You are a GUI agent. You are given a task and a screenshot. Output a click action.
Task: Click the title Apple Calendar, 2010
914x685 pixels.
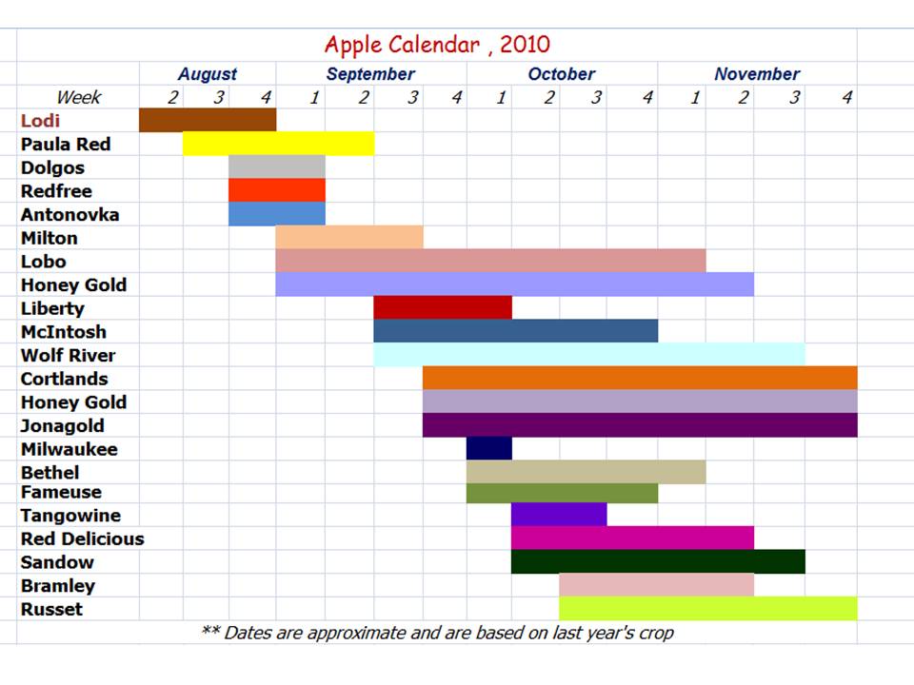click(437, 45)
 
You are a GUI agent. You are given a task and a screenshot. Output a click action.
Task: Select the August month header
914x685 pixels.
click(208, 74)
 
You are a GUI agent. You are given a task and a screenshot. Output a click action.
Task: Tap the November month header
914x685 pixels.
click(757, 74)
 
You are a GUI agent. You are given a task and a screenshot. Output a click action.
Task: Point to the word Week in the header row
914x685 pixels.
click(79, 97)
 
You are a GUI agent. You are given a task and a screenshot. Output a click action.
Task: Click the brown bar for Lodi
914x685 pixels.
click(208, 120)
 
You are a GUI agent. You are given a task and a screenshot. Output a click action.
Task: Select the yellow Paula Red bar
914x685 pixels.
click(279, 144)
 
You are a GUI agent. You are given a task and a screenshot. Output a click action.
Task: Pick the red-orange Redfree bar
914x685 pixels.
click(277, 190)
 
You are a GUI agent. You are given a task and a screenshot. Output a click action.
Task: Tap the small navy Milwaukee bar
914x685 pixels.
click(489, 448)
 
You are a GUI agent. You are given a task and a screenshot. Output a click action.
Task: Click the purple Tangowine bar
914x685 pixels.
click(559, 515)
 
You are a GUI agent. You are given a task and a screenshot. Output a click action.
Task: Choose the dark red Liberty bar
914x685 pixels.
click(443, 307)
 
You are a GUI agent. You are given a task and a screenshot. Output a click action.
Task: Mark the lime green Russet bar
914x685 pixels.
click(708, 608)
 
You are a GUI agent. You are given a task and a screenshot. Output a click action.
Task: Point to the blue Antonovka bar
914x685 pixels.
click(277, 214)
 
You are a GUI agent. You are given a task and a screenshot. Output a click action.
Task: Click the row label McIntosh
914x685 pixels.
click(64, 331)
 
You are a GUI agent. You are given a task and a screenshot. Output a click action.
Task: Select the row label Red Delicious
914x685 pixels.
click(82, 538)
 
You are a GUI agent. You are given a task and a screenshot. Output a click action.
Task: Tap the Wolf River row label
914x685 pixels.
click(68, 355)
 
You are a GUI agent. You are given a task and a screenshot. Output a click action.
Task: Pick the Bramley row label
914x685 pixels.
click(58, 585)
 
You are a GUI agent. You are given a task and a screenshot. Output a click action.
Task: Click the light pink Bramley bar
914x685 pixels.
click(656, 585)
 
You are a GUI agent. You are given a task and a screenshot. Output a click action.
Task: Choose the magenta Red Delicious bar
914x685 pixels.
click(632, 538)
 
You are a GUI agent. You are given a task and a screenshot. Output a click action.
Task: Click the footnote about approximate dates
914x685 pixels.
click(437, 633)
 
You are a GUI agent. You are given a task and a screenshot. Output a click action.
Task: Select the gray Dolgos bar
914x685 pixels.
click(277, 166)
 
